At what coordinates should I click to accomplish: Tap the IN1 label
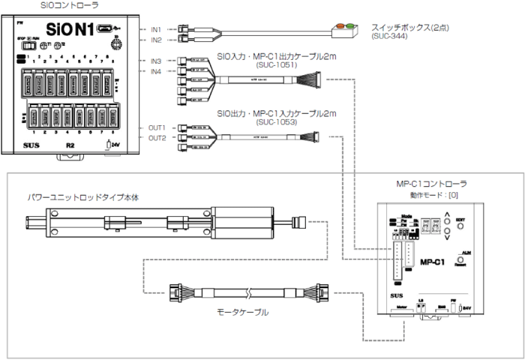click(x=156, y=28)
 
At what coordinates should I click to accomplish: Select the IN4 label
click(x=156, y=71)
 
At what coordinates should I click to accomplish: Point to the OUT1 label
click(x=156, y=127)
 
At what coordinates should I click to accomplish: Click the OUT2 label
click(x=156, y=138)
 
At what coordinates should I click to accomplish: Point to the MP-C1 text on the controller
click(x=433, y=262)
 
